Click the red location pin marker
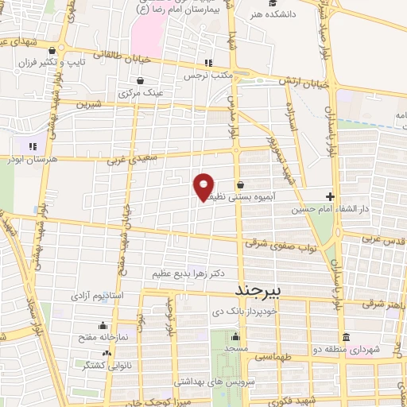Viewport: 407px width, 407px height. [x=204, y=187]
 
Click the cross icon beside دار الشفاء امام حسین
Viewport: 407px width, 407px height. [x=330, y=196]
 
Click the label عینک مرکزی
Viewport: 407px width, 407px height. [x=140, y=93]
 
